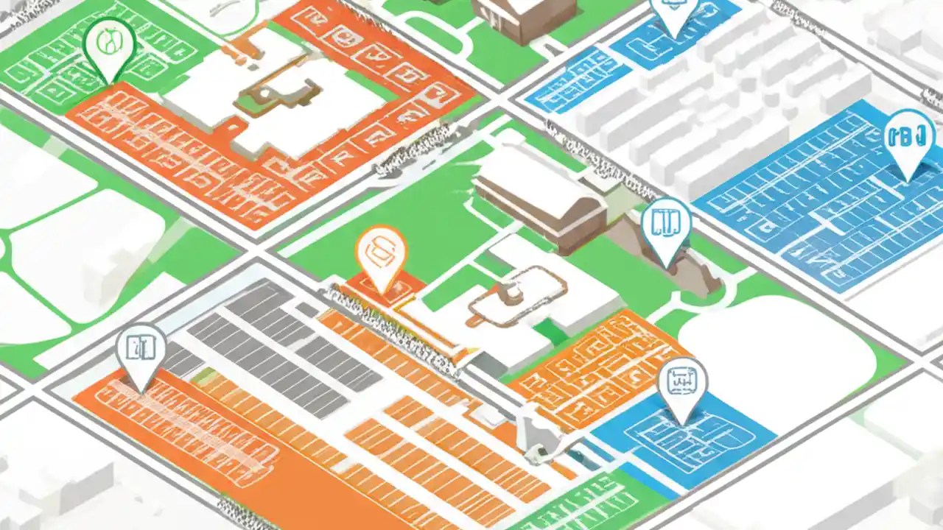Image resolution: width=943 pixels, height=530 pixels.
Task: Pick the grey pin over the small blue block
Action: click(682, 384)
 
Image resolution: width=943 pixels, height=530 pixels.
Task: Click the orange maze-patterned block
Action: click(597, 368)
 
